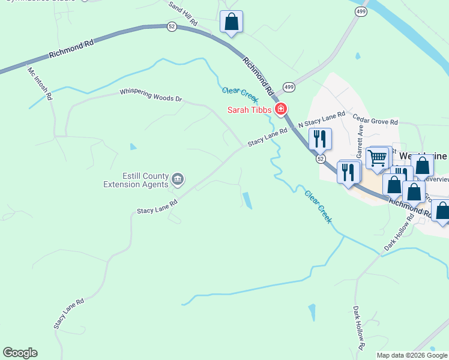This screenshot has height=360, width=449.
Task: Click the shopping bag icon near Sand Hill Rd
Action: click(x=231, y=22)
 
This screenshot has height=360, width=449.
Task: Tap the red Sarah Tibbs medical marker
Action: click(x=280, y=109)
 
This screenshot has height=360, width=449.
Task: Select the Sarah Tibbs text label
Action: click(x=249, y=110)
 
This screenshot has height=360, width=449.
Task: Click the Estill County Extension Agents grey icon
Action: click(x=178, y=179)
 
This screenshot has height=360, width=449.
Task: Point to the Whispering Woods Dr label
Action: click(x=150, y=95)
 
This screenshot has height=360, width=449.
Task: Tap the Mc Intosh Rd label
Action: click(x=40, y=83)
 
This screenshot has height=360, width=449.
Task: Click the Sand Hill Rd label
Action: click(x=183, y=13)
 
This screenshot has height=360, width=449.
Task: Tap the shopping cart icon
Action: click(x=377, y=159)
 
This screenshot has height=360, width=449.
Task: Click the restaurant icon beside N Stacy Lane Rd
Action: click(x=319, y=139)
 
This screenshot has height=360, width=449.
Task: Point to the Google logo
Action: click(x=20, y=353)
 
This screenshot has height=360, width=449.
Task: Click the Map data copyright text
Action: click(x=412, y=355)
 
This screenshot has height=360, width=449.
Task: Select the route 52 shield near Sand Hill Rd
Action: click(x=172, y=28)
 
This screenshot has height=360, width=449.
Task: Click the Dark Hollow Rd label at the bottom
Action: click(x=358, y=328)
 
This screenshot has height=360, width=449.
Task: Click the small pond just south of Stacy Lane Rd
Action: click(x=247, y=200)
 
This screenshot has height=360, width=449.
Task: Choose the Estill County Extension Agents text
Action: click(x=136, y=180)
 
